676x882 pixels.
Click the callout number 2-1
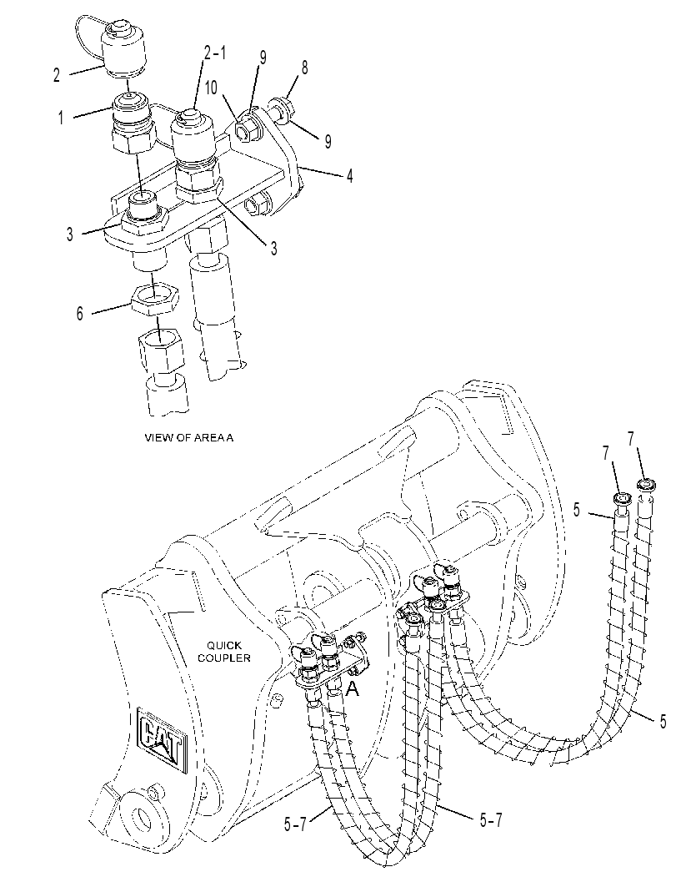pyautogui.click(x=215, y=54)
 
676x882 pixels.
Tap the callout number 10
pyautogui.click(x=211, y=88)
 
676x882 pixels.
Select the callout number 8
pyautogui.click(x=304, y=68)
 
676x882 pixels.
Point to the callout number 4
pyautogui.click(x=349, y=176)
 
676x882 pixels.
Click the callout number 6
pyautogui.click(x=80, y=313)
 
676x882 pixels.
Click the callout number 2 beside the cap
pyautogui.click(x=56, y=75)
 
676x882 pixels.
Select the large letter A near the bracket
pyautogui.click(x=353, y=688)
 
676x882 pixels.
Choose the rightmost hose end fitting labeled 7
pyautogui.click(x=647, y=484)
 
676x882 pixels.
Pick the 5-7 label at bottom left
pyautogui.click(x=295, y=824)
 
